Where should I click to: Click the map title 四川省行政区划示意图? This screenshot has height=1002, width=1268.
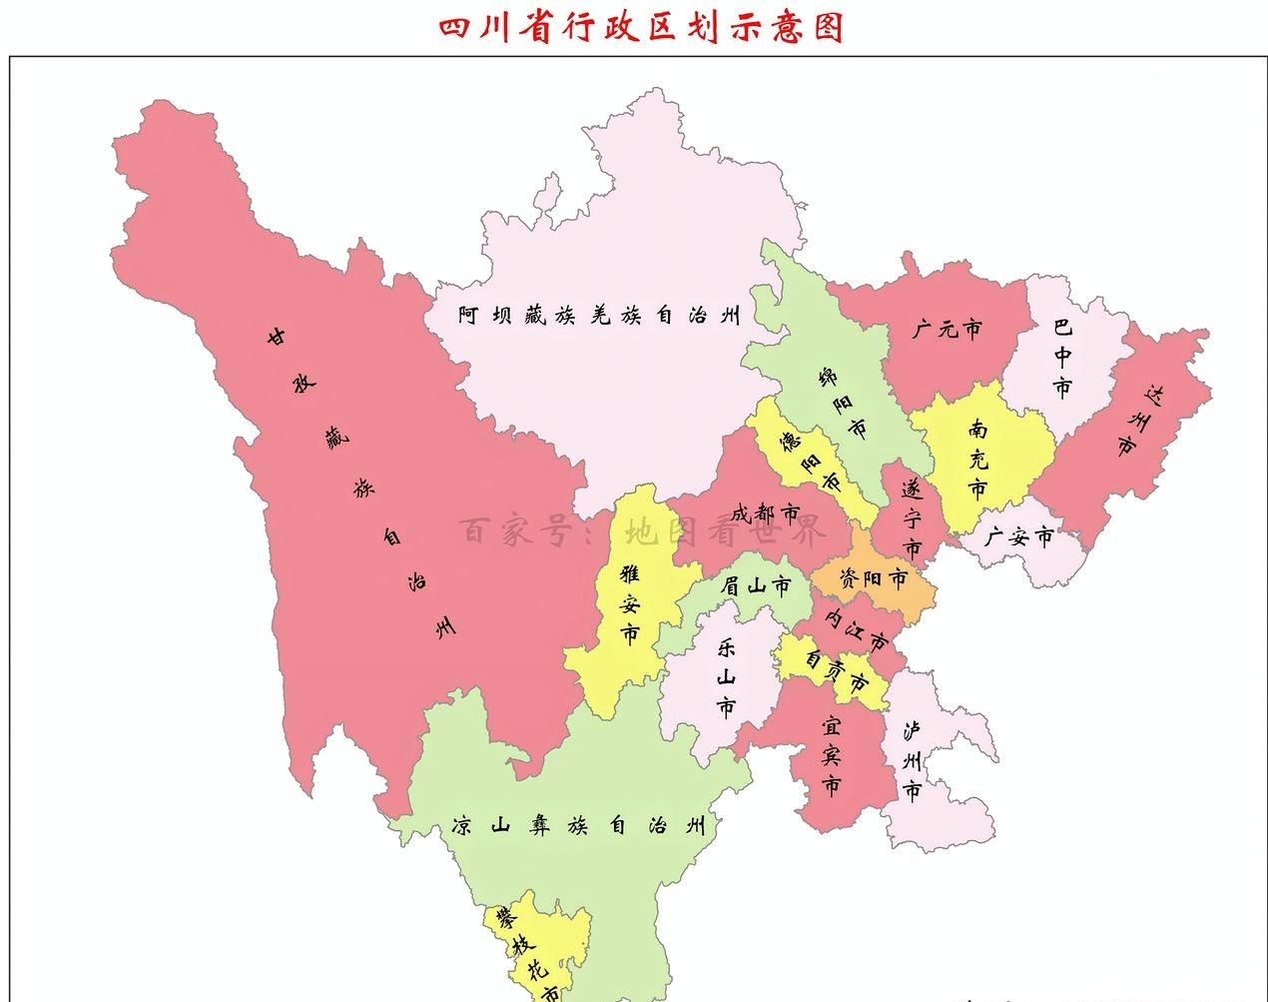tap(642, 27)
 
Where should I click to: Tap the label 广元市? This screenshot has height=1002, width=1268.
tap(947, 328)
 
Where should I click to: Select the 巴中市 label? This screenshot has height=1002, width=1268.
tap(1062, 358)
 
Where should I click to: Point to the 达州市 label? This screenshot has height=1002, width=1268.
tap(1140, 421)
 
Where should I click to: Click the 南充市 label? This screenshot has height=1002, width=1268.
tap(977, 459)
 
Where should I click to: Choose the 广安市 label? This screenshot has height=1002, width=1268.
tap(1017, 537)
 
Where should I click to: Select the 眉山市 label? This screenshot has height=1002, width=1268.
tap(756, 585)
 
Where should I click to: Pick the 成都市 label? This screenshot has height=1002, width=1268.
tap(766, 514)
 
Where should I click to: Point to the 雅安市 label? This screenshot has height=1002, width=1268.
tap(630, 604)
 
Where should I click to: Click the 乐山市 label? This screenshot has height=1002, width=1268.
tap(726, 677)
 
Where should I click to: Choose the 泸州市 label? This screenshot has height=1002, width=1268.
tap(912, 761)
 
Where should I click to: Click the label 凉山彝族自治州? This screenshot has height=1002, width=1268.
tap(577, 826)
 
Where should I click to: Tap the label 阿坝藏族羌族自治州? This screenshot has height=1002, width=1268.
tap(600, 316)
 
